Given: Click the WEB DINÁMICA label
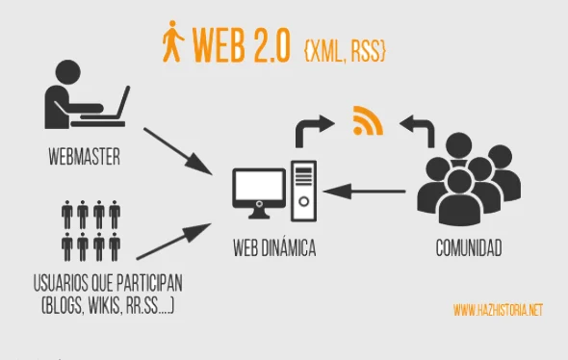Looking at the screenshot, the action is tap(274, 249).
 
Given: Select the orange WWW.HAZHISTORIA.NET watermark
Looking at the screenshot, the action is tap(497, 310).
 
